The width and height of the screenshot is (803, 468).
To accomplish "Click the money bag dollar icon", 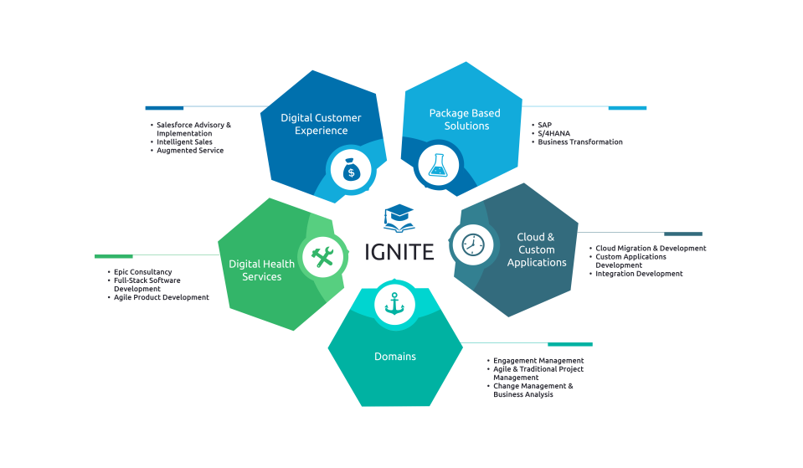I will (351, 172).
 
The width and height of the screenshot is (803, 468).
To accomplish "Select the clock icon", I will (473, 244).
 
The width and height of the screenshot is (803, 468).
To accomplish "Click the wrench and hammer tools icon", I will (322, 255).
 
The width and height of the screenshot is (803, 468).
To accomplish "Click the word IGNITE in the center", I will (399, 251).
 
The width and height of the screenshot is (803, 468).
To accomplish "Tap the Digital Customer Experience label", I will (321, 124).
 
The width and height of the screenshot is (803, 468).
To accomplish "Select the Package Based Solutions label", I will (465, 119).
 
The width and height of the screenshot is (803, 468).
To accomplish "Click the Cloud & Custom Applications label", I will (537, 249).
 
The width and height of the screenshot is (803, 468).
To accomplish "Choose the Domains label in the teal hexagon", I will (395, 357).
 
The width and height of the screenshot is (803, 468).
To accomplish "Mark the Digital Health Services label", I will (262, 270).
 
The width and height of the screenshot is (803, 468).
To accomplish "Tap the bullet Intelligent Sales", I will (186, 141).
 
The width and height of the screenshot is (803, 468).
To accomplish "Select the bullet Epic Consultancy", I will (143, 272).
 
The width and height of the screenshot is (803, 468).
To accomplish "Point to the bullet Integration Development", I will (639, 274).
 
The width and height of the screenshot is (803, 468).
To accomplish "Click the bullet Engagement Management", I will (538, 360).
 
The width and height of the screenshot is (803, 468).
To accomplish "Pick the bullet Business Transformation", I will (580, 141).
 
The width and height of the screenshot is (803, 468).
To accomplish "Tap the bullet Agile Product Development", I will (162, 297).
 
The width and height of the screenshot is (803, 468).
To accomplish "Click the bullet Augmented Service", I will (190, 150).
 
